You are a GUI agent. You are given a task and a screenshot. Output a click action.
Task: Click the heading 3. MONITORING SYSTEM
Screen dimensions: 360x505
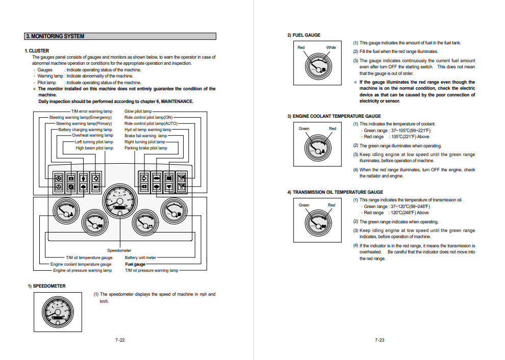pyautogui.click(x=55, y=36)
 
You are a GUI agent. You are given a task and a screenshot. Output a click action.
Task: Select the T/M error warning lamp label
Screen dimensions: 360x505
pyautogui.click(x=92, y=111)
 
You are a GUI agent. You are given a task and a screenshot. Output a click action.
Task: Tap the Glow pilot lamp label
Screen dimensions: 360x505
pyautogui.click(x=138, y=111)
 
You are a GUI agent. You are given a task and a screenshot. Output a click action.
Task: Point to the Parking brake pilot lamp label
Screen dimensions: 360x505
pyautogui.click(x=145, y=148)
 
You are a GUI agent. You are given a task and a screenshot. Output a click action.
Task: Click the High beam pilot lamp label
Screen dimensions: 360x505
pyautogui.click(x=94, y=148)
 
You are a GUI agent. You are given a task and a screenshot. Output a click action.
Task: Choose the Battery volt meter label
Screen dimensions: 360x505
pyautogui.click(x=140, y=258)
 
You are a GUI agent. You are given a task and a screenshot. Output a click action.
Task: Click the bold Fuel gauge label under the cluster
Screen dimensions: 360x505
pyautogui.click(x=135, y=264)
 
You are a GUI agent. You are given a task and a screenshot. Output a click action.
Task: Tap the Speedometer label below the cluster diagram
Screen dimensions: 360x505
pyautogui.click(x=119, y=250)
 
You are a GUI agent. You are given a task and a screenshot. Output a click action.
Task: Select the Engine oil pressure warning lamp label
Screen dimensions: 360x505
pyautogui.click(x=82, y=270)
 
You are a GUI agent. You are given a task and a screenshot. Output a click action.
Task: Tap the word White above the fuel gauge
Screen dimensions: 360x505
pyautogui.click(x=331, y=47)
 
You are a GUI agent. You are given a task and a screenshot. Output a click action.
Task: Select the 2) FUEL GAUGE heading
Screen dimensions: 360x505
pyautogui.click(x=304, y=35)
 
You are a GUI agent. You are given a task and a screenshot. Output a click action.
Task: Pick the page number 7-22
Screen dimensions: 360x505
pyautogui.click(x=120, y=340)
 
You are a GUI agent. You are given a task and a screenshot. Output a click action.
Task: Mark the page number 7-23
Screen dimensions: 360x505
pyautogui.click(x=380, y=340)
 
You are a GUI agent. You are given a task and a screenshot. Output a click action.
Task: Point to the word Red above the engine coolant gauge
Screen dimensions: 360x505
pyautogui.click(x=333, y=128)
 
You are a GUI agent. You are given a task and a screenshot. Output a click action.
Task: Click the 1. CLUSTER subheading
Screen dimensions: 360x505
pyautogui.click(x=37, y=50)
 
